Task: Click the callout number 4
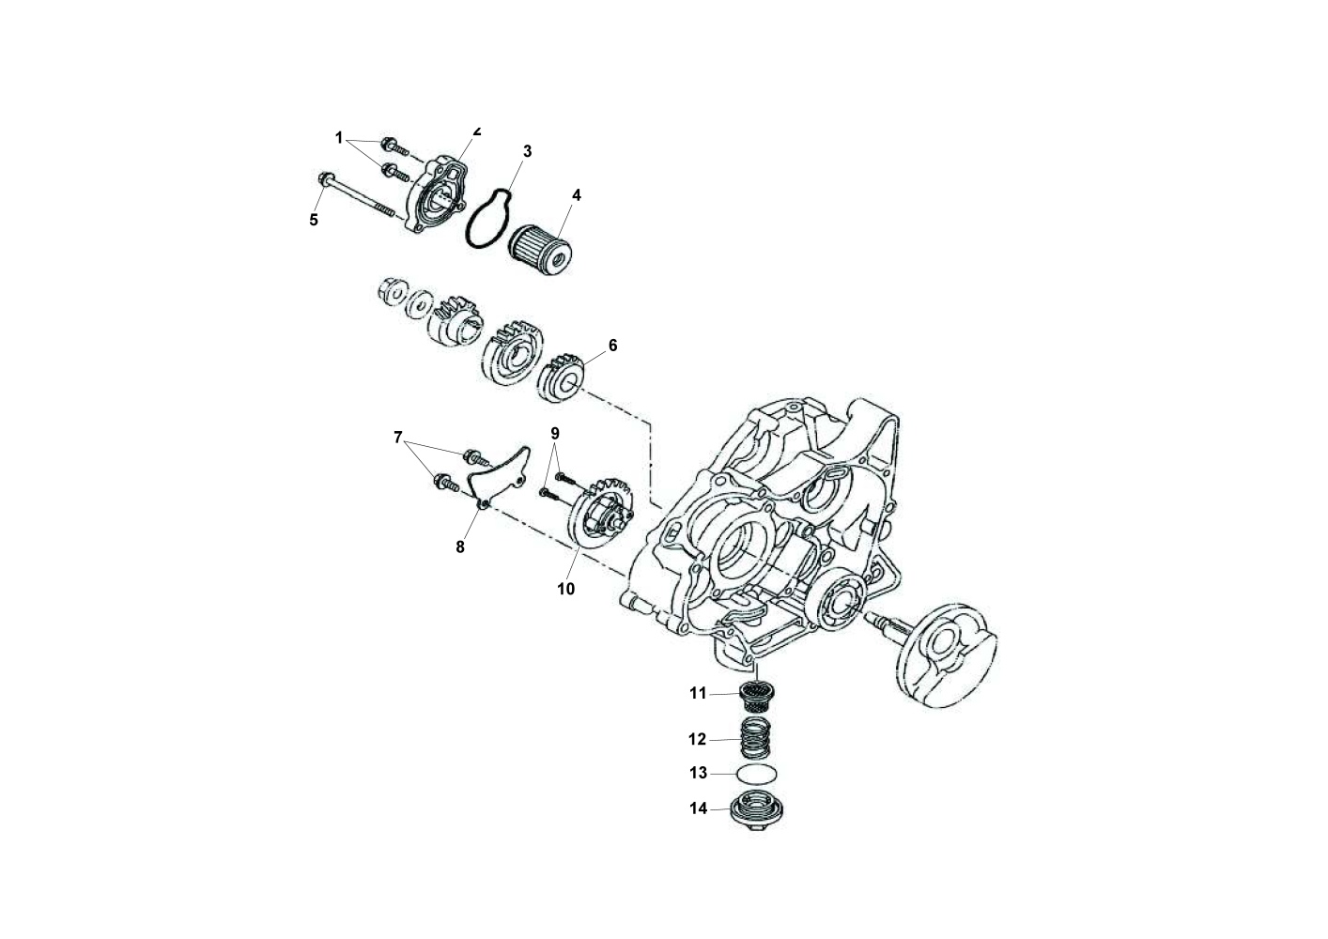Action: point(577,195)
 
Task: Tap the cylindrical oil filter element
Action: point(540,252)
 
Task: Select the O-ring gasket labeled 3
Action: point(489,218)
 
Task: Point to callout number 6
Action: point(612,346)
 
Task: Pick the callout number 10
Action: point(565,589)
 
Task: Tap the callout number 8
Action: point(460,547)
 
